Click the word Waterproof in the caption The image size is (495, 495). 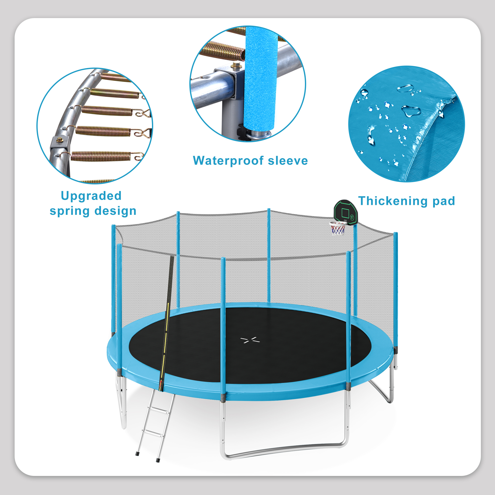228,161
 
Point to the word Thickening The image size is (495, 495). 393,201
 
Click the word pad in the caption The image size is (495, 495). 444,201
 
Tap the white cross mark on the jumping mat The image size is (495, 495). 250,340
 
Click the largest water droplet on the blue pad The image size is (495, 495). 411,111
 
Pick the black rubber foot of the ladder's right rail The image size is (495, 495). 158,460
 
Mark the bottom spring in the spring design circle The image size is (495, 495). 101,156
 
